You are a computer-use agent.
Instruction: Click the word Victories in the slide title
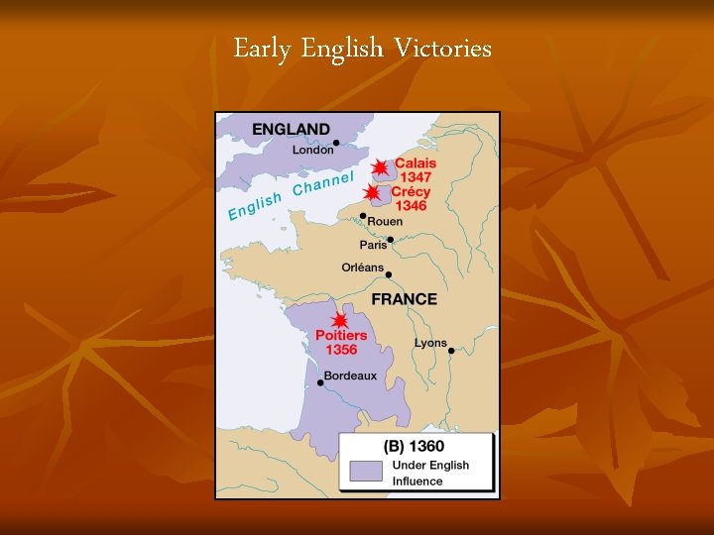442,48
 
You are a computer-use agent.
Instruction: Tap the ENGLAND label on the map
291,129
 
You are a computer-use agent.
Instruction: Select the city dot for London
336,143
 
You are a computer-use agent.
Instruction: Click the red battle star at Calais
379,168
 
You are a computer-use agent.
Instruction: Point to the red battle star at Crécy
371,192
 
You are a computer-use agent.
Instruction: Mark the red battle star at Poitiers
339,321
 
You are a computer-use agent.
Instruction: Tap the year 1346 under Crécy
410,205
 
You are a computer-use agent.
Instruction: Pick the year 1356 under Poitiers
341,350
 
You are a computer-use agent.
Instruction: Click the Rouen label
385,222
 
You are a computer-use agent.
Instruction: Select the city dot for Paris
390,239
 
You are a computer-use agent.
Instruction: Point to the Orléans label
362,267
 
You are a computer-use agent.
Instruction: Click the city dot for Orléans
389,274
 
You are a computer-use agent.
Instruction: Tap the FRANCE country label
404,298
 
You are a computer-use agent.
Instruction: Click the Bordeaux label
351,376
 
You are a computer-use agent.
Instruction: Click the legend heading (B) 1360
416,447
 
